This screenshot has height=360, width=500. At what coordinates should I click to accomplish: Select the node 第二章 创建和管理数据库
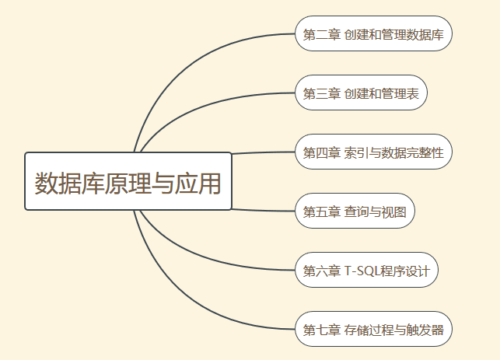[373, 34]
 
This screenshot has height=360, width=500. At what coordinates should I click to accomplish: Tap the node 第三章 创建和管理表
[361, 93]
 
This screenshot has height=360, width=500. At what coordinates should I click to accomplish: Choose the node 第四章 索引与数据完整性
[373, 152]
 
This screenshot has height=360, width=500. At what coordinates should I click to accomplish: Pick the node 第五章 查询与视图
[355, 211]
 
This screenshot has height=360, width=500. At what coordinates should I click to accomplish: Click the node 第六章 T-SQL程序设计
[367, 271]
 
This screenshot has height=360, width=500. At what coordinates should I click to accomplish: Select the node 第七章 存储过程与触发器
[373, 330]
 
